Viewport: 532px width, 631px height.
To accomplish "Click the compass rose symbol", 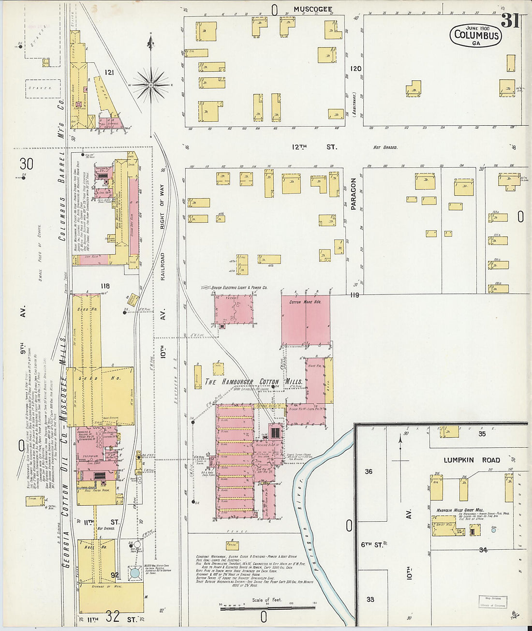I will [151, 85].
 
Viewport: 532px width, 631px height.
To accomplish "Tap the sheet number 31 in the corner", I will [510, 20].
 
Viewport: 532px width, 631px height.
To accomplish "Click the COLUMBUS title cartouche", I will [476, 35].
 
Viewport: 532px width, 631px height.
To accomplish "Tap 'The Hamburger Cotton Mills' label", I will [253, 382].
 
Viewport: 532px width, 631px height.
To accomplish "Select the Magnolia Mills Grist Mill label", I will [460, 510].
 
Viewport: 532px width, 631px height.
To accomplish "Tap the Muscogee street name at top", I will [313, 9].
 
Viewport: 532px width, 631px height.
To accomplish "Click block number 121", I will [109, 73].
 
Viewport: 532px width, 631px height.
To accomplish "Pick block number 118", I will [105, 286].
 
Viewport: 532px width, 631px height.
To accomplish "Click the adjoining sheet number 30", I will [26, 164].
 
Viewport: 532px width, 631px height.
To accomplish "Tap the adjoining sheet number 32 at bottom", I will [113, 616].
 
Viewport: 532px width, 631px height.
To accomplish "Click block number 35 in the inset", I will [482, 434].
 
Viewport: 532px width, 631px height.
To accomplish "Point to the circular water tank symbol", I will [133, 573].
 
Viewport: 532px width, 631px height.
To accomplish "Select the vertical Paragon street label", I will [353, 194].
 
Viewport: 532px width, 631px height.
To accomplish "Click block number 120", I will [356, 69].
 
